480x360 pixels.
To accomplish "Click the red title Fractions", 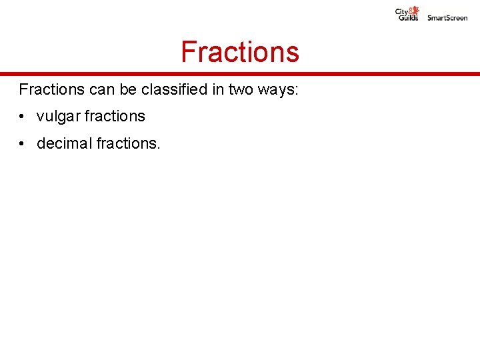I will (x=240, y=52).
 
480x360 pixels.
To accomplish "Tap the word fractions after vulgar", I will (x=114, y=116).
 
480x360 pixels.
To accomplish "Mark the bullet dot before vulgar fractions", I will (x=23, y=117).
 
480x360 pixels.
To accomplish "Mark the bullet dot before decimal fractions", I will (x=23, y=144).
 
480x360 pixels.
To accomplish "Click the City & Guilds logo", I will (x=407, y=14).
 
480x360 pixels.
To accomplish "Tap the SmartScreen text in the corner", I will (x=447, y=18).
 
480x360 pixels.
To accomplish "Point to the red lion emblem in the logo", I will (x=415, y=10).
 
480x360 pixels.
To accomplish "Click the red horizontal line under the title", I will (x=240, y=74).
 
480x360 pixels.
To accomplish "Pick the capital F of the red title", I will (x=189, y=52).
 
